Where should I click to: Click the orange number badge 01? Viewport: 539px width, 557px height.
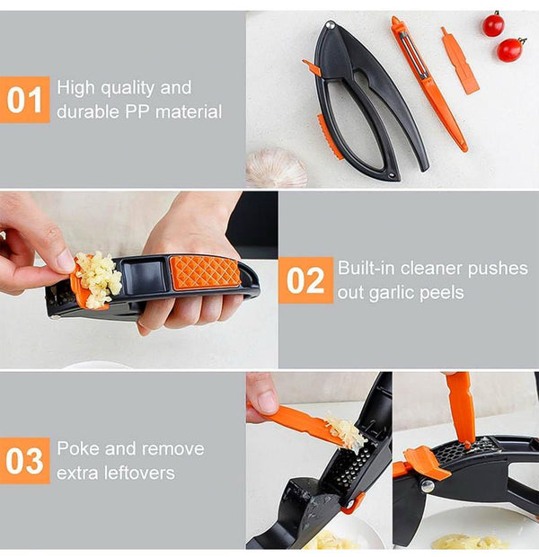pos(25,100)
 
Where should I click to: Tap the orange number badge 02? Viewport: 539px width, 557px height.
pos(306,280)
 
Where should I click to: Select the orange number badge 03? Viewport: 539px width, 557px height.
pos(25,461)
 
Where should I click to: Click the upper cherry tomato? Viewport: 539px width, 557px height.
pos(493,24)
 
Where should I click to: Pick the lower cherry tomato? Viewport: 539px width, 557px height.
pos(510,49)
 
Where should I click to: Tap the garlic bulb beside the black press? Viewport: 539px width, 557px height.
pos(276,168)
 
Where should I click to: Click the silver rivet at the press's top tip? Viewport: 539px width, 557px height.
pos(331,24)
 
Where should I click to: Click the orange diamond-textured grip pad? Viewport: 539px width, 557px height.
pos(204,272)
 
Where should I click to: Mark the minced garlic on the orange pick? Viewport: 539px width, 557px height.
pos(345,432)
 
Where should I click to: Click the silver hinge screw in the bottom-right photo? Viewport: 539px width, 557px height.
pos(427,486)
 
